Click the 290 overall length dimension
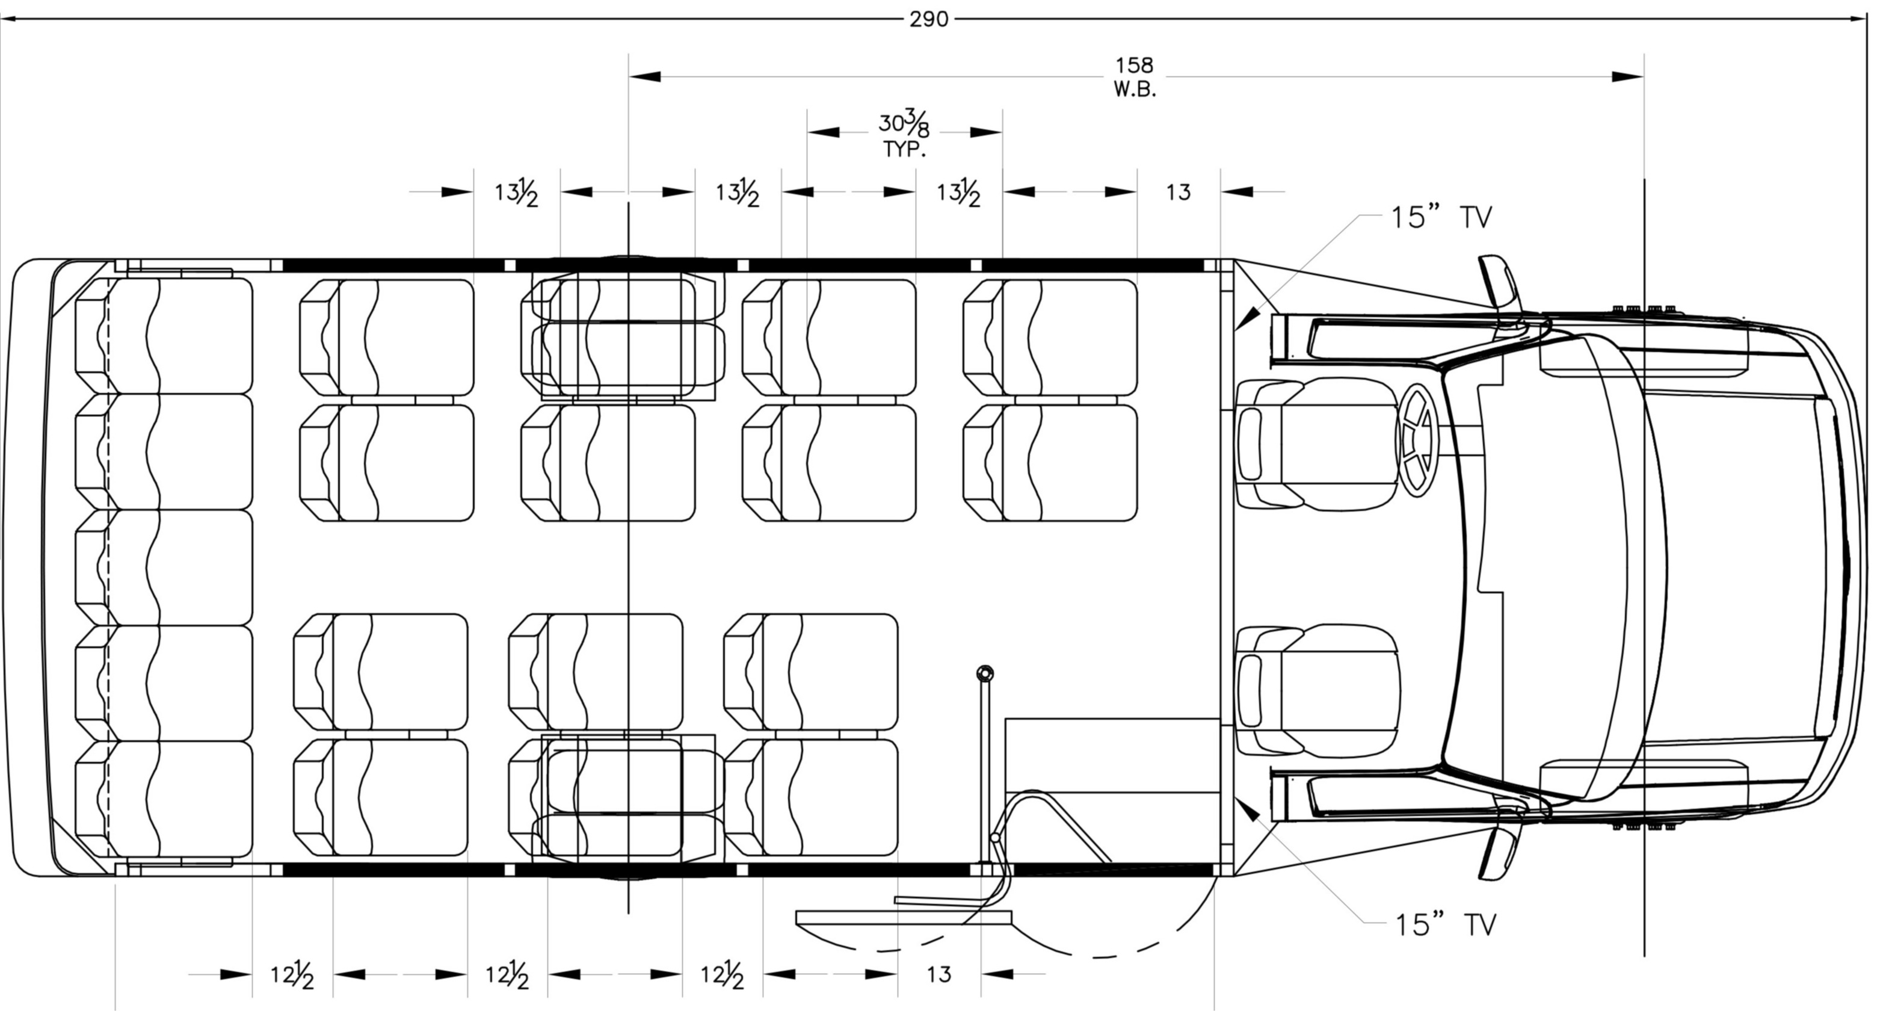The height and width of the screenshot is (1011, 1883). [x=928, y=19]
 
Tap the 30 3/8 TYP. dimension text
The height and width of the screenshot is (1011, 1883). [x=904, y=135]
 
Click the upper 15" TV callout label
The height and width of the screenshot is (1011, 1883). [x=1440, y=218]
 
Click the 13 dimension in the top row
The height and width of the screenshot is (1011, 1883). [x=1179, y=192]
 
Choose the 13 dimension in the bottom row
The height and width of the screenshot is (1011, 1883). [x=939, y=974]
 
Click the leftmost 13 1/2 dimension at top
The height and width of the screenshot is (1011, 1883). [x=517, y=193]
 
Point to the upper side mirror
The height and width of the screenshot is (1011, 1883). [x=1499, y=282]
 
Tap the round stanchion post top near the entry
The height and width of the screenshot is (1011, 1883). [x=985, y=672]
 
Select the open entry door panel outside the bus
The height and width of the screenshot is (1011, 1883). [x=904, y=918]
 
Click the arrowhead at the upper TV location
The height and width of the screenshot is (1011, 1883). [x=1248, y=317]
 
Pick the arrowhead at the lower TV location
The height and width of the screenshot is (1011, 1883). [x=1248, y=810]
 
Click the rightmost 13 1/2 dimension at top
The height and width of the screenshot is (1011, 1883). [x=958, y=193]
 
